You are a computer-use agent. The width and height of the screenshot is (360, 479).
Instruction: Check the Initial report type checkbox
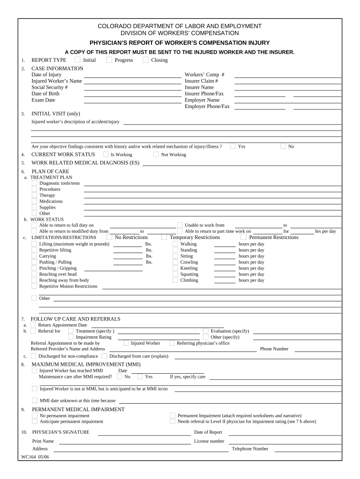[x=77, y=59]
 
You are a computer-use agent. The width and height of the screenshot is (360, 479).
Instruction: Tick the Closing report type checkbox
[x=145, y=59]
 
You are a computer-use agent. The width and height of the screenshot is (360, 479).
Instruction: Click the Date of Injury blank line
[x=132, y=76]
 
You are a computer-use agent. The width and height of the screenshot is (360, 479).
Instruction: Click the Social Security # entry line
[x=132, y=89]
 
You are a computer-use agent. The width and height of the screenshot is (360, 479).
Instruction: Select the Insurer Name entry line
[x=288, y=89]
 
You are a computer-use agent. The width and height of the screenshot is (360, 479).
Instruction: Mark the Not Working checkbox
[x=156, y=154]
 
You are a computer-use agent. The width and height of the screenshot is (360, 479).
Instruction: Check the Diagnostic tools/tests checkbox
[x=34, y=183]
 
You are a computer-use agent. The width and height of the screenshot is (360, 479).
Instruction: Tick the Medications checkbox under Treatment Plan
[x=34, y=201]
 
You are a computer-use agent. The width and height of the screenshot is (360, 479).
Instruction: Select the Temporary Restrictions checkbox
[x=164, y=237]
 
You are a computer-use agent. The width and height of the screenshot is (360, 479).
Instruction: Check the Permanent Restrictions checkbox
[x=244, y=237]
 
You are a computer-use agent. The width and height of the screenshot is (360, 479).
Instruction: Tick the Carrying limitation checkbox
[x=34, y=256]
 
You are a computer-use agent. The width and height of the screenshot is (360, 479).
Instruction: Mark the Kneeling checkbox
[x=175, y=268]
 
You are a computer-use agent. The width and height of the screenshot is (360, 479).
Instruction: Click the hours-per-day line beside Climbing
[x=225, y=283]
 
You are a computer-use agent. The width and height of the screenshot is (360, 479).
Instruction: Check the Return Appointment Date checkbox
[x=33, y=325]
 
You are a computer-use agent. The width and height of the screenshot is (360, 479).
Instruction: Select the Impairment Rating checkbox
[x=71, y=337]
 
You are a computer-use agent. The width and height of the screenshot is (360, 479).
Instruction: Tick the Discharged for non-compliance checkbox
[x=33, y=356]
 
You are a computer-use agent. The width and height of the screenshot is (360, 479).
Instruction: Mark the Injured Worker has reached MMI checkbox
[x=34, y=370]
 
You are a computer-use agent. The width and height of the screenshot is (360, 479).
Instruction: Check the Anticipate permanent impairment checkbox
[x=34, y=421]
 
